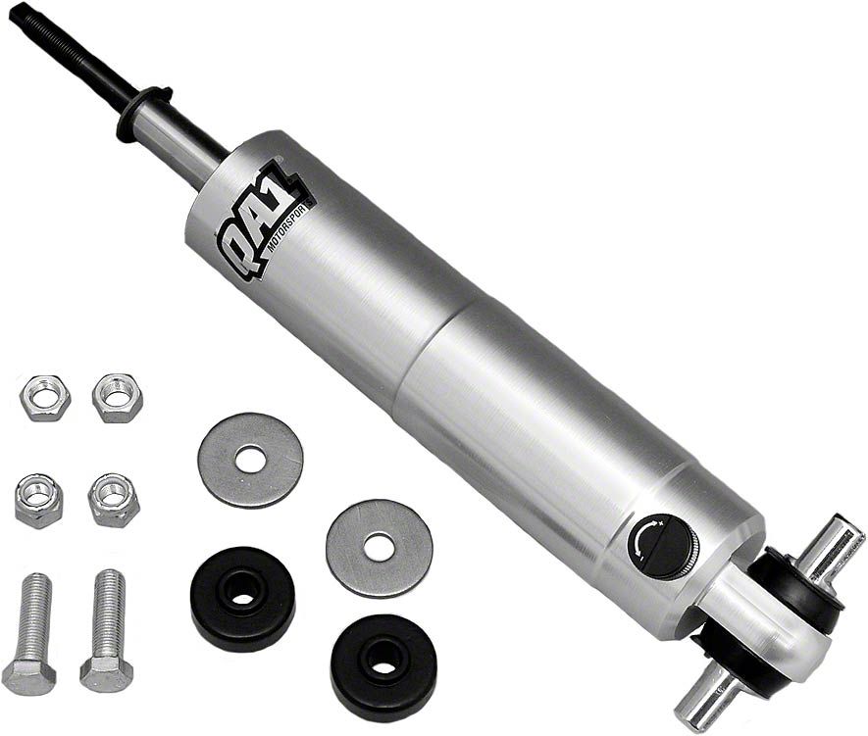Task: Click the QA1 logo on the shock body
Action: (261, 222)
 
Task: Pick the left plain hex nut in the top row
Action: (45, 398)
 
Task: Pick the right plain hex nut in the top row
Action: (118, 398)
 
